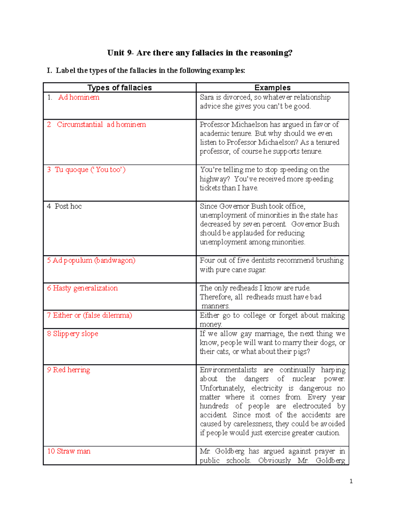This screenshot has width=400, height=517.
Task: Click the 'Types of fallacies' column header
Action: pyautogui.click(x=119, y=88)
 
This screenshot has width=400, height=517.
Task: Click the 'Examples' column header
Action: pyautogui.click(x=272, y=88)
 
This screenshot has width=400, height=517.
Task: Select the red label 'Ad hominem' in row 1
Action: pyautogui.click(x=79, y=97)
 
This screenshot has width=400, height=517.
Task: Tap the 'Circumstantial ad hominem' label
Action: pyautogui.click(x=101, y=125)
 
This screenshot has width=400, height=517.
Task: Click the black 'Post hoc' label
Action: pyautogui.click(x=68, y=206)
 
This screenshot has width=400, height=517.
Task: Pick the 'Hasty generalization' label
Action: pyautogui.click(x=85, y=288)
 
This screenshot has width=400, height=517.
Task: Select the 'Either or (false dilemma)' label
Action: pyautogui.click(x=92, y=315)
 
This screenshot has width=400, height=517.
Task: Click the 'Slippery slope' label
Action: pyautogui.click(x=75, y=334)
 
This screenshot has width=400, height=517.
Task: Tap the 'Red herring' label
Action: pyautogui.click(x=71, y=370)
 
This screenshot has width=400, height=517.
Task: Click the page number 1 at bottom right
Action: pyautogui.click(x=351, y=481)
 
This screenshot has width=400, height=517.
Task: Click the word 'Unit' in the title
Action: pyautogui.click(x=115, y=53)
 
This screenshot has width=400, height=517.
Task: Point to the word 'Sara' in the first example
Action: pyautogui.click(x=207, y=97)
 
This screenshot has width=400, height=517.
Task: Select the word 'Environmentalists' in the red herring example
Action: pyautogui.click(x=228, y=370)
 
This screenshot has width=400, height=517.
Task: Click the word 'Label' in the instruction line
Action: pyautogui.click(x=65, y=71)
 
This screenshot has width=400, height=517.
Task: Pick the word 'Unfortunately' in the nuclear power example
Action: pyautogui.click(x=222, y=388)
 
